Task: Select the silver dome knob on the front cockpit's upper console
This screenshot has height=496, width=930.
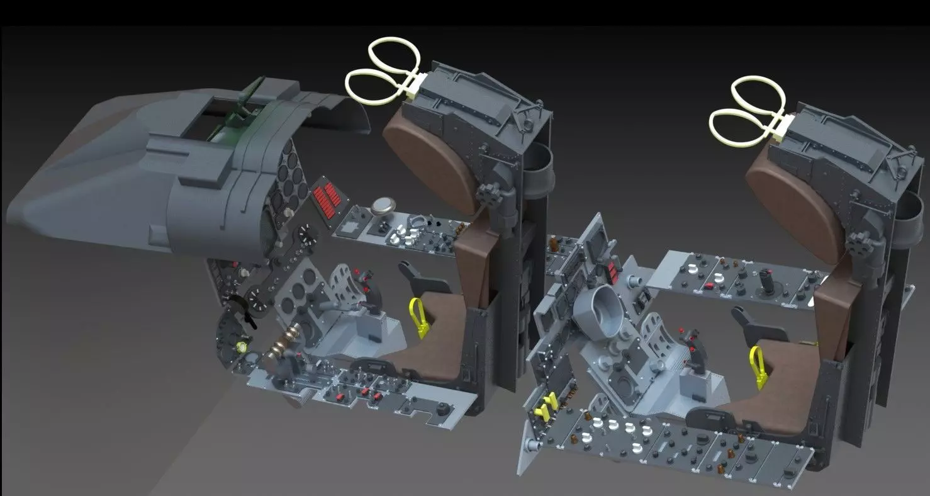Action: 382,207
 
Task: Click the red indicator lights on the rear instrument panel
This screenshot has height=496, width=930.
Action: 610,271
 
